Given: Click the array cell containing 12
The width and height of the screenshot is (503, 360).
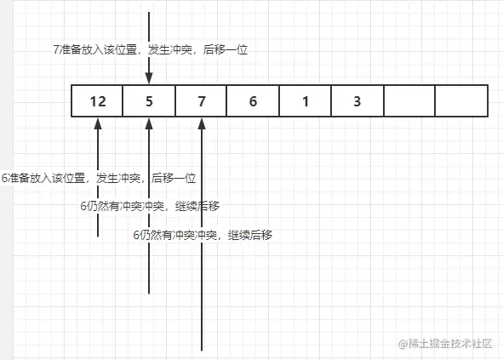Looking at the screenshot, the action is pyautogui.click(x=97, y=101).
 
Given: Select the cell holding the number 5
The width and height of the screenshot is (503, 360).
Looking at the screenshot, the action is pyautogui.click(x=149, y=101).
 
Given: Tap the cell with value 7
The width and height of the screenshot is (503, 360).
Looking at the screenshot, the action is pyautogui.click(x=201, y=101).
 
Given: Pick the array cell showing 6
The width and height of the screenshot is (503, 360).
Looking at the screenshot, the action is pyautogui.click(x=253, y=101).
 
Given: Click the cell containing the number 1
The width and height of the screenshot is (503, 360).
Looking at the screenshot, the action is pyautogui.click(x=306, y=101).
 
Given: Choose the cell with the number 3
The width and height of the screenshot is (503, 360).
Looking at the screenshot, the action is pyautogui.click(x=357, y=101).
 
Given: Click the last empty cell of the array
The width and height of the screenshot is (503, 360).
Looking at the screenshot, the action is pyautogui.click(x=461, y=101).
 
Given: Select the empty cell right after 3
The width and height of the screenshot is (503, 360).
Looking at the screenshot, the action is pyautogui.click(x=409, y=101).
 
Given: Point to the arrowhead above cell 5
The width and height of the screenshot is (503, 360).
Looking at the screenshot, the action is pyautogui.click(x=149, y=78).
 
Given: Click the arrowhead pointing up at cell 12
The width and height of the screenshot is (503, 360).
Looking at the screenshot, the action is pyautogui.click(x=98, y=124).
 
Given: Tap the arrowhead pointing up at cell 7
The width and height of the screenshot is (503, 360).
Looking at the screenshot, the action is pyautogui.click(x=202, y=124).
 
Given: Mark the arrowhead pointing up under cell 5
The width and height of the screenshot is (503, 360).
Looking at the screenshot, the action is pyautogui.click(x=149, y=124).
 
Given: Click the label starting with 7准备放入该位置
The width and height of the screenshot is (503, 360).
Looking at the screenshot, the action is pyautogui.click(x=151, y=49).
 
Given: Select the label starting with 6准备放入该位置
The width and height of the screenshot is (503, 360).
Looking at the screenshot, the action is pyautogui.click(x=99, y=178).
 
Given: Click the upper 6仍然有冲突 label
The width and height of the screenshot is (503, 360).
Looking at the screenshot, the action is pyautogui.click(x=150, y=206).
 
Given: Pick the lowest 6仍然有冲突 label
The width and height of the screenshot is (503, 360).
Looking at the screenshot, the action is pyautogui.click(x=203, y=235).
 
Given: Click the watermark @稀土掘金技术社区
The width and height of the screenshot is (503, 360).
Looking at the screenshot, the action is pyautogui.click(x=445, y=344).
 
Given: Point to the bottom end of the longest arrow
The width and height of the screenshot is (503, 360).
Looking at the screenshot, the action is pyautogui.click(x=202, y=351).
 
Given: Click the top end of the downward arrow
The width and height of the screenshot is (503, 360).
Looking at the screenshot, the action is pyautogui.click(x=149, y=12).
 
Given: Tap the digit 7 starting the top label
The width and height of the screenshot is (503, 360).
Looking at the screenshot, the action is pyautogui.click(x=56, y=49).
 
